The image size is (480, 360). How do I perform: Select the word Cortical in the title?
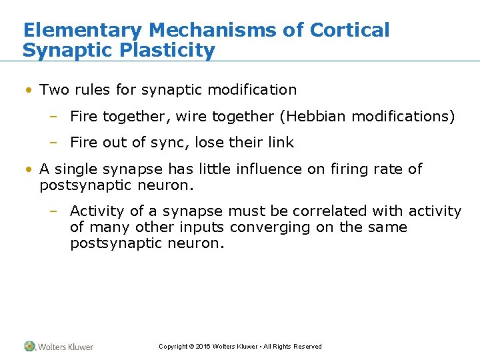pos(350,30)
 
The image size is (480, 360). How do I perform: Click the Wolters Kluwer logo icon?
pos(30,346)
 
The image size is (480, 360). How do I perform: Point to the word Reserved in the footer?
pos(307,347)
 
